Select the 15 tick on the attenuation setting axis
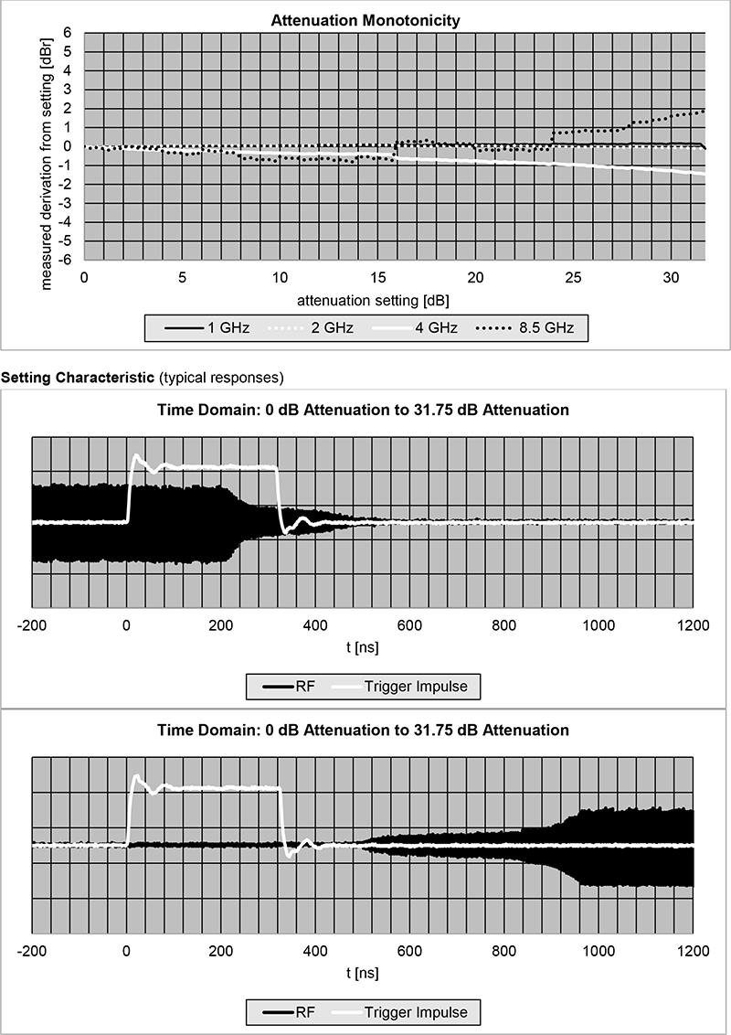[x=377, y=277]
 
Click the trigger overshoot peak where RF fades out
[x=137, y=455]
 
